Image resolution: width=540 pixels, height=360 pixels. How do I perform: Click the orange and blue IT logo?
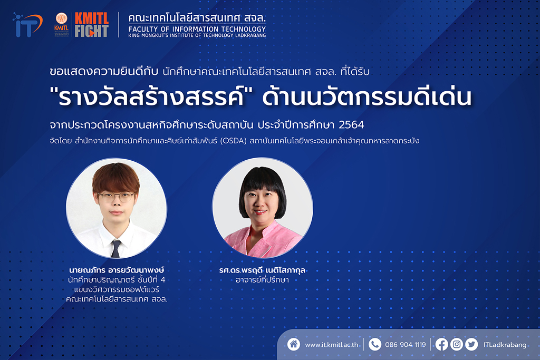(27, 25)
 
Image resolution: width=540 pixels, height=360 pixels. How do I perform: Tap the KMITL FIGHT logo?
(92, 25)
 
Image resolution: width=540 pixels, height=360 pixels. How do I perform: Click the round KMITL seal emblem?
(62, 18)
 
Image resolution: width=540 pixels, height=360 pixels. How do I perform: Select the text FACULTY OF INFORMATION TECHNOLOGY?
(197, 29)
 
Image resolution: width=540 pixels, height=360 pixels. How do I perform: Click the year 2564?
(351, 124)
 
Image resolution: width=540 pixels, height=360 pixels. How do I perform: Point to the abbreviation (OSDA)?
(234, 141)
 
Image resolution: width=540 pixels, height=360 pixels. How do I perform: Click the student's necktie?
(115, 249)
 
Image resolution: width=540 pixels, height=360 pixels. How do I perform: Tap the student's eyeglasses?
(116, 197)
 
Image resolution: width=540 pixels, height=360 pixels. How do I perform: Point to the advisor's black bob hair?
(263, 186)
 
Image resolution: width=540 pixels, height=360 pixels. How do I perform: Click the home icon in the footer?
(294, 344)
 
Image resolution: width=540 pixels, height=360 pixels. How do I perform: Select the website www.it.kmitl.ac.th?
(331, 345)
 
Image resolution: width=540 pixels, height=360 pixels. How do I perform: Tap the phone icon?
(375, 344)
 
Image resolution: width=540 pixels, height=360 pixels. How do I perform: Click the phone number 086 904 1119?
(406, 345)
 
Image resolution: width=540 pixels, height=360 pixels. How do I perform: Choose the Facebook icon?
(441, 344)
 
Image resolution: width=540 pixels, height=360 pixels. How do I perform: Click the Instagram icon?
(457, 344)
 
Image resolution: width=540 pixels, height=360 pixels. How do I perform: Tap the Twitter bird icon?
(471, 344)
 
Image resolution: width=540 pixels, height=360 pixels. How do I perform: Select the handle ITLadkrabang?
(505, 345)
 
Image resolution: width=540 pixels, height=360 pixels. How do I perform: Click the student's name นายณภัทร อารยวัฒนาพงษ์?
(117, 270)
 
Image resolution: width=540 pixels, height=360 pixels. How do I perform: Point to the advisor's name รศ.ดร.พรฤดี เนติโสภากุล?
(262, 270)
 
